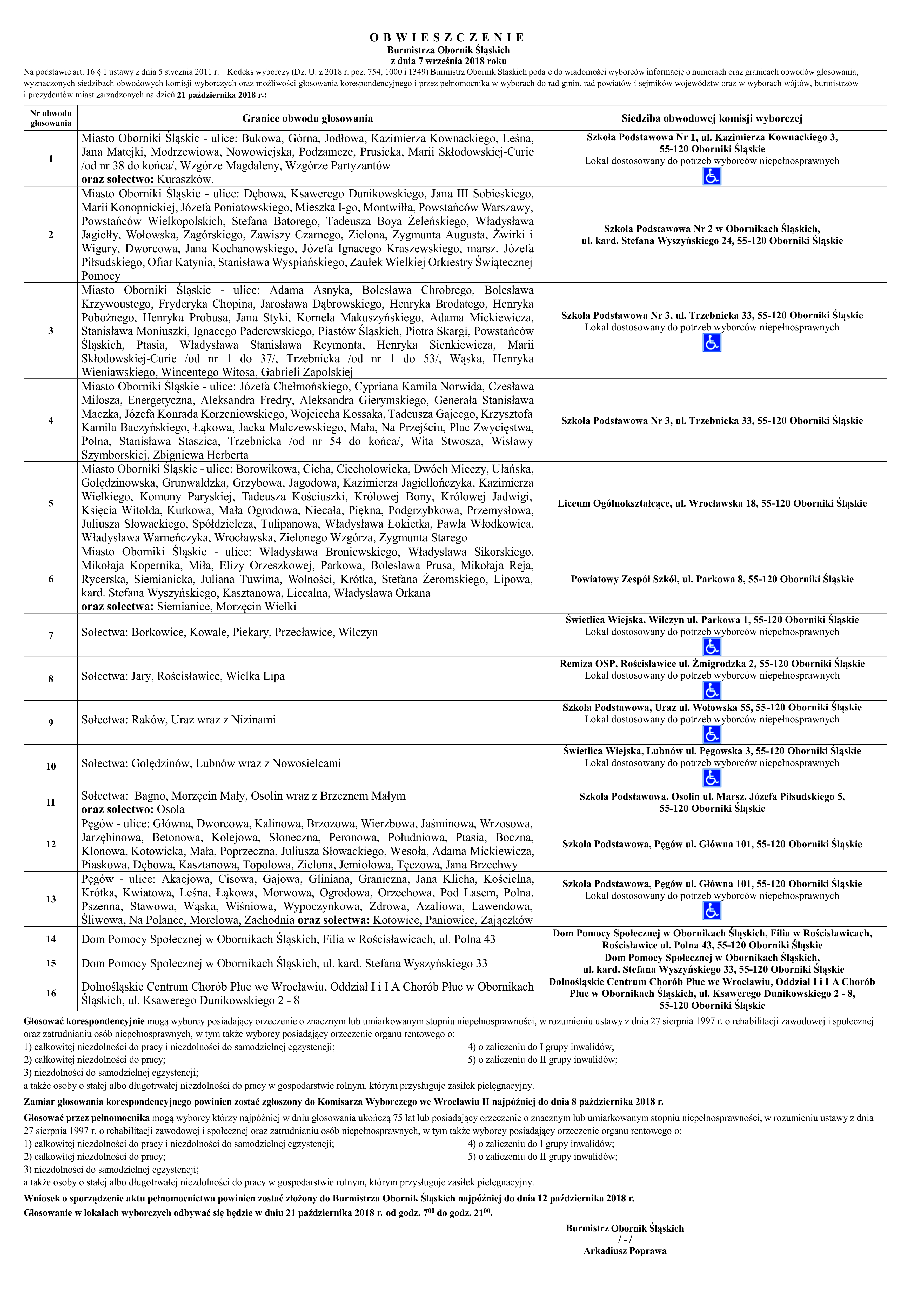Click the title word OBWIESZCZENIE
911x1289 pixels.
pyautogui.click(x=447, y=38)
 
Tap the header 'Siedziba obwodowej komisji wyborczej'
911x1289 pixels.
pyautogui.click(x=712, y=118)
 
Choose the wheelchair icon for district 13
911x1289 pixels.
pyautogui.click(x=712, y=911)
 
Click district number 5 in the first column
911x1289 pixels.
pyautogui.click(x=51, y=503)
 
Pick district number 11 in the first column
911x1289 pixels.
pyautogui.click(x=51, y=802)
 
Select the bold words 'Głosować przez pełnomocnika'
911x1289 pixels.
pyautogui.click(x=86, y=1118)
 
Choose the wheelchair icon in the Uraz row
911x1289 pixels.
pyautogui.click(x=712, y=734)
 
